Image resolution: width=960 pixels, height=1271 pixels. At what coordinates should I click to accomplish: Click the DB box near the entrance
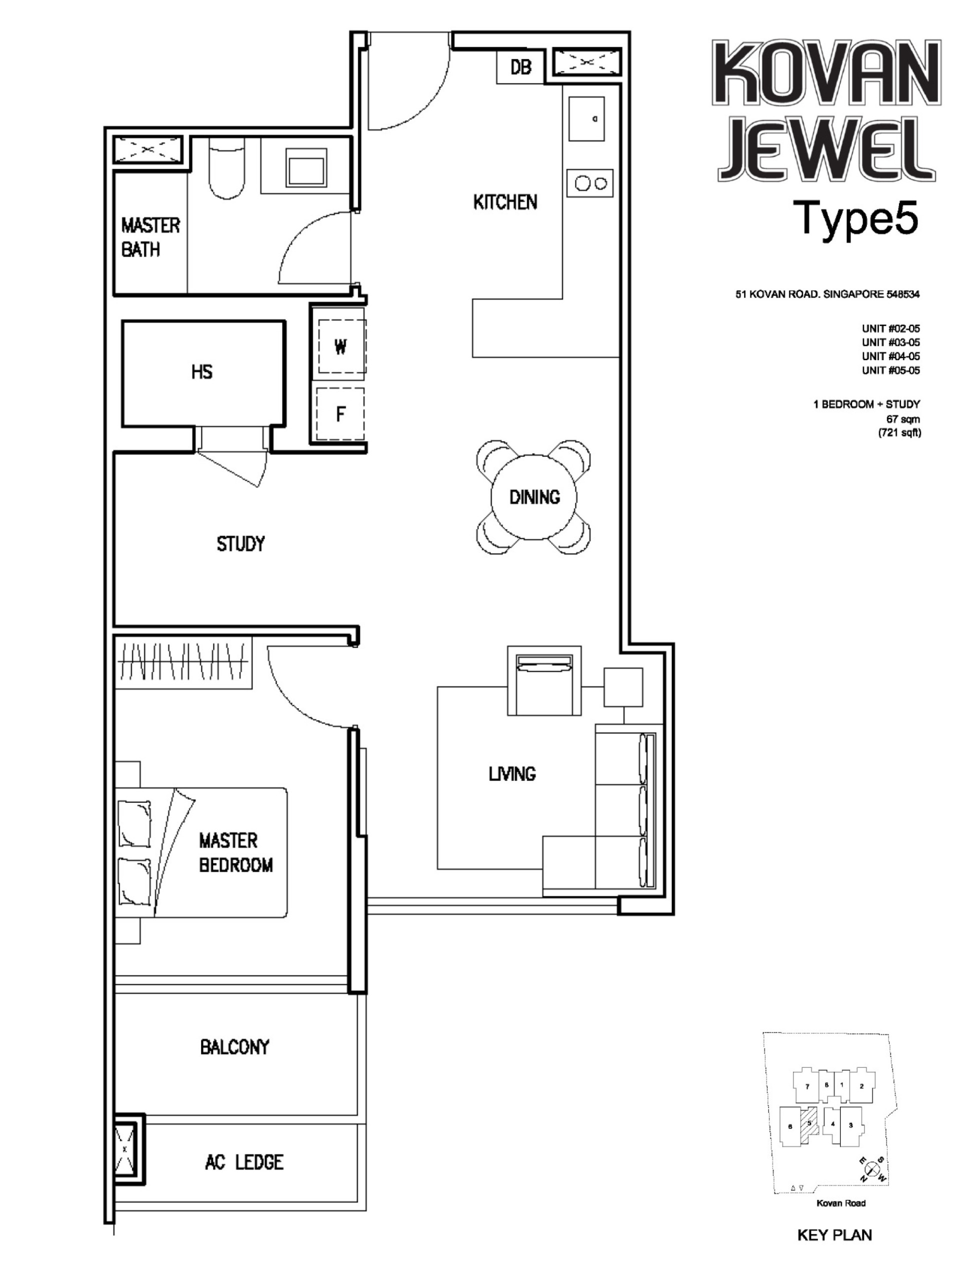tap(520, 67)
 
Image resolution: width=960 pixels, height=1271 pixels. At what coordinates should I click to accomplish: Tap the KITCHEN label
tap(505, 202)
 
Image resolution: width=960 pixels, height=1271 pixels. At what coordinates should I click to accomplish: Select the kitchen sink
tap(586, 119)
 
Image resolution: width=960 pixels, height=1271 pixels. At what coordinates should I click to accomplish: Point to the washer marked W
tap(340, 347)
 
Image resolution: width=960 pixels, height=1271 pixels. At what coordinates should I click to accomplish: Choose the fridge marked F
tap(340, 414)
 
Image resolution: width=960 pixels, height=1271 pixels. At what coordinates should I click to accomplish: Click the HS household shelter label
tap(201, 372)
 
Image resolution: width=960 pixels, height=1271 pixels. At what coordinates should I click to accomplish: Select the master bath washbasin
tap(307, 167)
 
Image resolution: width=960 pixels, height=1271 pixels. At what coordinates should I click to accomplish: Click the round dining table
tap(533, 497)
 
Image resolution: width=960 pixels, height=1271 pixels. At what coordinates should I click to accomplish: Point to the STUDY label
tap(240, 544)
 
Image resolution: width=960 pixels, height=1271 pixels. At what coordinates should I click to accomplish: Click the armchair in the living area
tap(544, 681)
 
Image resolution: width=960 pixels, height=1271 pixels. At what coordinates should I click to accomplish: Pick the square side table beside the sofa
tap(623, 687)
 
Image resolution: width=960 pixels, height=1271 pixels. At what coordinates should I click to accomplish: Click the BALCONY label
tap(234, 1047)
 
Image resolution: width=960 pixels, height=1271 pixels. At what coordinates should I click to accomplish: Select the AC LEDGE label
tap(244, 1162)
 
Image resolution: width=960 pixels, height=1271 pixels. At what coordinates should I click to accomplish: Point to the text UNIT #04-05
tap(890, 356)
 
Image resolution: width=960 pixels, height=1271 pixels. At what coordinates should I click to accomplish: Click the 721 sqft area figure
tap(899, 433)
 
